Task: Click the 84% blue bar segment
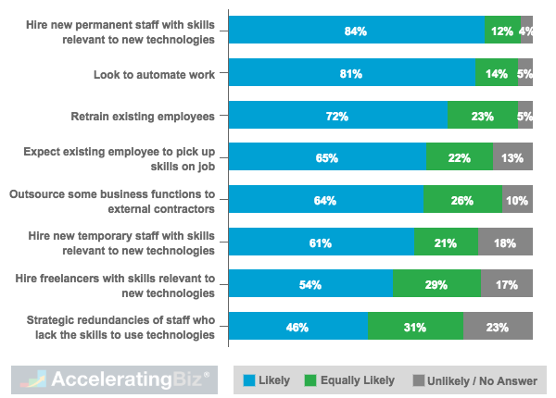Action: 357,31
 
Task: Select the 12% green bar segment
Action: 502,31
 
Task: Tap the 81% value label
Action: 350,74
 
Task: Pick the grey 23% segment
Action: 498,327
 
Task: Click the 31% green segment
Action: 415,327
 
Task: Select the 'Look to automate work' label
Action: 155,74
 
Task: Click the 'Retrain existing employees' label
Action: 143,117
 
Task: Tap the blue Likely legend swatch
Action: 249,379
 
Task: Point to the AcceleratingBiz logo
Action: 110,379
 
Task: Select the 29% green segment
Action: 436,285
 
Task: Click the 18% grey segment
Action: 505,243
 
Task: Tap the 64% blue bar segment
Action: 326,200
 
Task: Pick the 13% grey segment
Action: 512,158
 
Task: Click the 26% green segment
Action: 462,200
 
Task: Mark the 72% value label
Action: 337,117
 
